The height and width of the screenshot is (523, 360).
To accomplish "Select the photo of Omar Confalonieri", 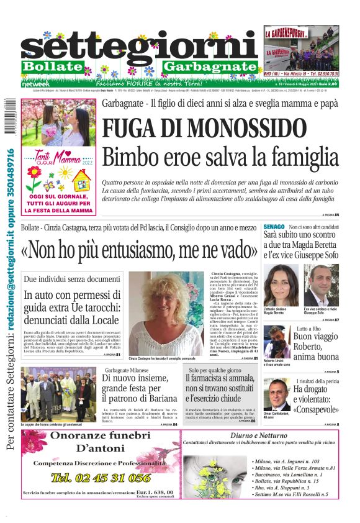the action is click(274, 394).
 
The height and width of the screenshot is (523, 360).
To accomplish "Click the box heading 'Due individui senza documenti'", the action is click(72, 280).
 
